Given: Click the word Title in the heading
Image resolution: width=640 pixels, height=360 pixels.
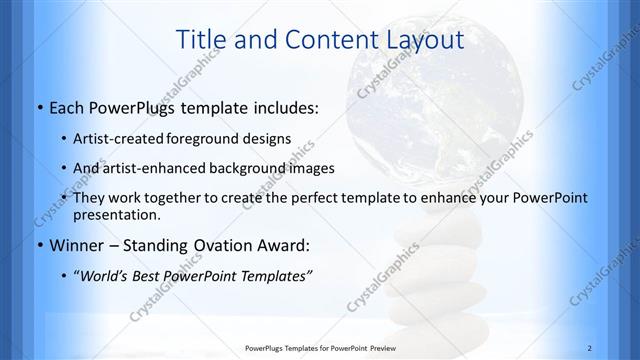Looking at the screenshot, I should [200, 40].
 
